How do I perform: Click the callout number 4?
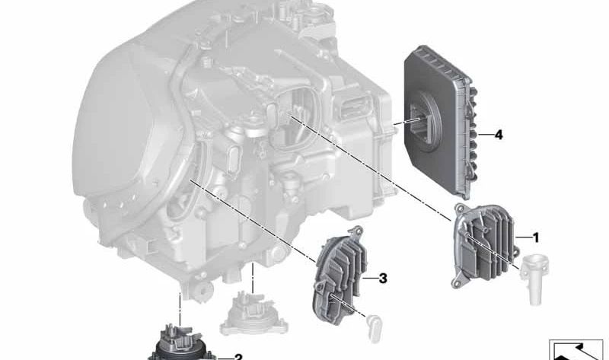(x=499, y=135)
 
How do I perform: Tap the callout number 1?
(x=536, y=237)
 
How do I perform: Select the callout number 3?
(x=383, y=278)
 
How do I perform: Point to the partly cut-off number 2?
(x=238, y=357)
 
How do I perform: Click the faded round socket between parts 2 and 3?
(x=254, y=314)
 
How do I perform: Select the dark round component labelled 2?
(x=180, y=344)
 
